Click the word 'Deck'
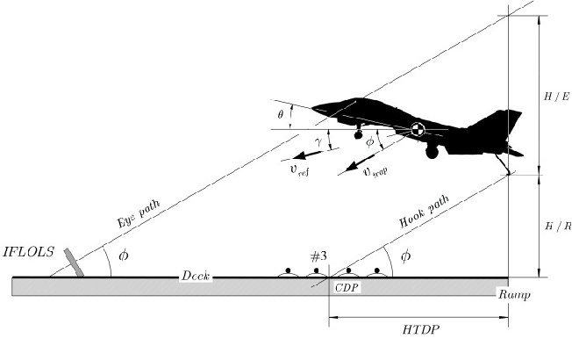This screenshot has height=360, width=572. click(x=193, y=274)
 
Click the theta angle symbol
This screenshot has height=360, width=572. click(x=280, y=113)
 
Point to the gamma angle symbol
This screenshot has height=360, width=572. click(x=322, y=141)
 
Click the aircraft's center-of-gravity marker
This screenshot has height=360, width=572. click(x=418, y=130)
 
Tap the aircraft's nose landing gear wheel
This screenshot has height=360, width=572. click(x=358, y=135)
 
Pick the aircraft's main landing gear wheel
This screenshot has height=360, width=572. click(x=432, y=152)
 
